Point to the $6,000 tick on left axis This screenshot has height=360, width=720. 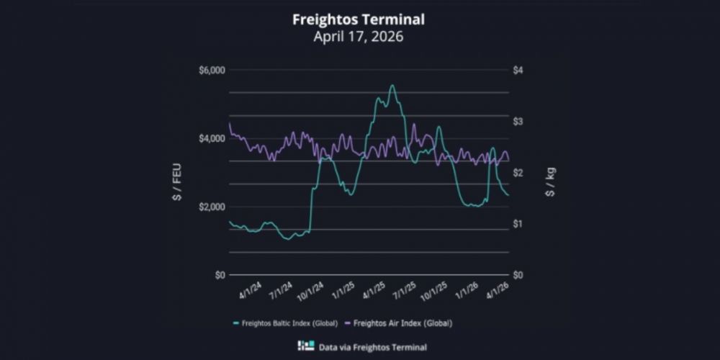(211, 70)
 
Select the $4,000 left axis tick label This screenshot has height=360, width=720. (211, 138)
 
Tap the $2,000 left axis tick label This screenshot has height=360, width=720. (211, 207)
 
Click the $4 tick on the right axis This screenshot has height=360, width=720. (518, 70)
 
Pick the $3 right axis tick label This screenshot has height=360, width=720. (518, 121)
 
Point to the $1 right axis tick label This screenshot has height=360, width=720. (518, 224)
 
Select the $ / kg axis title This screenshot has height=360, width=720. (551, 182)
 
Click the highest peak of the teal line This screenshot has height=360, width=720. (392, 86)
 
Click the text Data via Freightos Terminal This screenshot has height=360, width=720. (374, 347)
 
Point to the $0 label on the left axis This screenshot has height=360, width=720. (217, 275)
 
